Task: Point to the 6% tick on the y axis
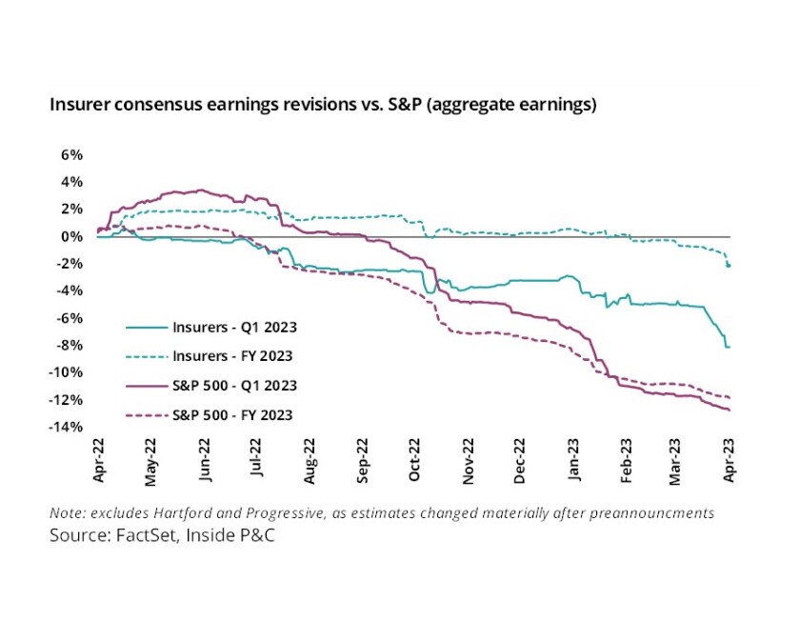click(x=72, y=154)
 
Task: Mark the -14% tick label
click(x=66, y=427)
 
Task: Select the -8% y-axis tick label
click(x=69, y=345)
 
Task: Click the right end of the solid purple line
click(x=730, y=410)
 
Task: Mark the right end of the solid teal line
click(x=730, y=347)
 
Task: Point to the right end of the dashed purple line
click(x=730, y=397)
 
